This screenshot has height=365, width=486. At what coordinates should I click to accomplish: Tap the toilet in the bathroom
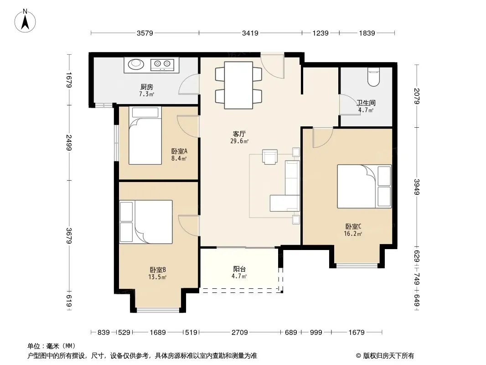(373, 77)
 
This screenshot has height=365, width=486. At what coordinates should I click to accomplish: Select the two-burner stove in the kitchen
(162, 64)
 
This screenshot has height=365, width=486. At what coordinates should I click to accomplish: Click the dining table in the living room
(238, 85)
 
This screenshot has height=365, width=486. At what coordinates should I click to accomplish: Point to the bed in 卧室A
(145, 136)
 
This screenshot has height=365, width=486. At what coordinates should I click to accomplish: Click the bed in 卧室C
(364, 186)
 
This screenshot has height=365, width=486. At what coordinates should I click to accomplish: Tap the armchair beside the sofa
(269, 156)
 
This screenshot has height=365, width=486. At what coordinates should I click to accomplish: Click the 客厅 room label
(239, 134)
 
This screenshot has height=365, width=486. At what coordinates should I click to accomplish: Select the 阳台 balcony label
(239, 269)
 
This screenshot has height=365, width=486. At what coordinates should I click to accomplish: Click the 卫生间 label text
(366, 103)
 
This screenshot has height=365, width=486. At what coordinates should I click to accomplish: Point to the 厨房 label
(147, 87)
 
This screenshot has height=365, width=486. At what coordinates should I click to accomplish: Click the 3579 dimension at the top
(145, 33)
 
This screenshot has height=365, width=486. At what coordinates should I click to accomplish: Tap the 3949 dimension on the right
(417, 187)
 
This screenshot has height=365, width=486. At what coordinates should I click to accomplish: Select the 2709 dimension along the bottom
(240, 333)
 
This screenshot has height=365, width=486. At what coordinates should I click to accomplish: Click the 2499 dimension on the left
(69, 143)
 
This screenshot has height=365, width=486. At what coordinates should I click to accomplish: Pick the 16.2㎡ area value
(353, 234)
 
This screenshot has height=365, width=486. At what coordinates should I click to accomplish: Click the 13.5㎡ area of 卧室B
(157, 276)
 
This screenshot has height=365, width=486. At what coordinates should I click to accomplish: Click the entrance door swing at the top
(272, 66)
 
